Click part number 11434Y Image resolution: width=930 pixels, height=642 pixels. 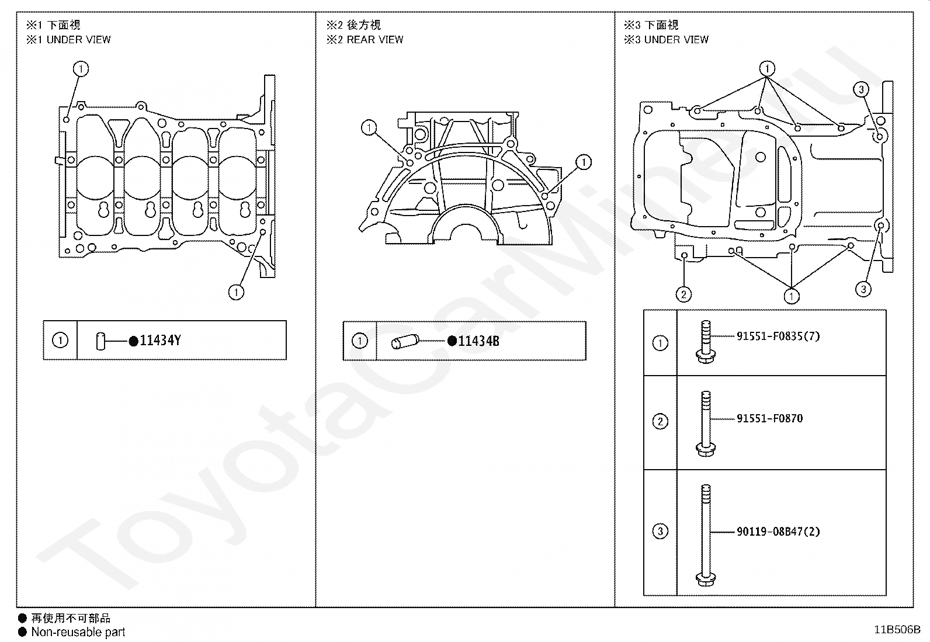click(x=160, y=341)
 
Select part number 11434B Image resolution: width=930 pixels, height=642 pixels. click(x=478, y=341)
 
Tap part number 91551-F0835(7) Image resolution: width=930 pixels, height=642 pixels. click(x=778, y=336)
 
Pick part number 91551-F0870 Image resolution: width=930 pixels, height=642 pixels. click(x=769, y=418)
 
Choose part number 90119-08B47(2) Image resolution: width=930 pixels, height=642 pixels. click(x=778, y=532)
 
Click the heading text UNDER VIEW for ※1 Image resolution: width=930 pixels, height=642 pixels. click(x=78, y=40)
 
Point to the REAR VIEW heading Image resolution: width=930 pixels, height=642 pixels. click(x=374, y=40)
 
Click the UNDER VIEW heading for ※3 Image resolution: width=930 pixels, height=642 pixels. click(x=676, y=40)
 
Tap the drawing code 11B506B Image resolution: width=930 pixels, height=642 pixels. click(x=897, y=630)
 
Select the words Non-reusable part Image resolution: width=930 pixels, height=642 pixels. click(x=78, y=631)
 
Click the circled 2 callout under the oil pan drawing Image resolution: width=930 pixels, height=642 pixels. click(x=683, y=294)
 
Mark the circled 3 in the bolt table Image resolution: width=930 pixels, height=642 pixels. click(x=660, y=532)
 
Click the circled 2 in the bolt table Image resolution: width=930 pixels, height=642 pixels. click(x=660, y=421)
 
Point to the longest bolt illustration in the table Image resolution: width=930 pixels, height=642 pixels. click(x=705, y=535)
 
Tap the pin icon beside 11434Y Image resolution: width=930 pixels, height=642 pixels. click(x=100, y=341)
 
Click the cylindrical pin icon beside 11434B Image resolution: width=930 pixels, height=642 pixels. click(x=404, y=341)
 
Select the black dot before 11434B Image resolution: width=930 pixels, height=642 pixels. click(x=452, y=341)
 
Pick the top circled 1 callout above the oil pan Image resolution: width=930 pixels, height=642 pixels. click(x=767, y=69)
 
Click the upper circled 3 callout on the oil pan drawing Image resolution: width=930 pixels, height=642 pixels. click(x=861, y=89)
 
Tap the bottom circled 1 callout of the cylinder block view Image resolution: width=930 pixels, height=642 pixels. click(x=236, y=291)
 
